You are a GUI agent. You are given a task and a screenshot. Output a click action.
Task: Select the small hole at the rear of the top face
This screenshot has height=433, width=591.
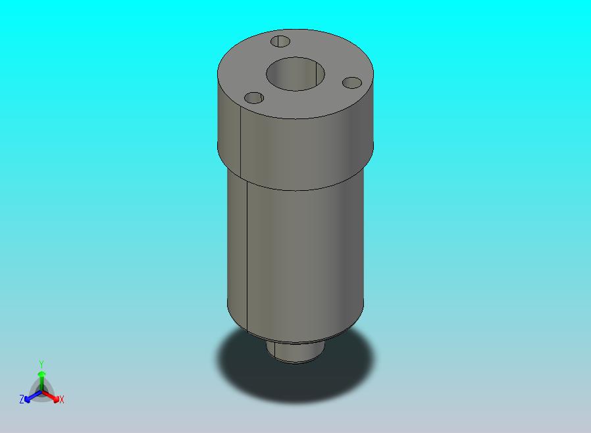click(281, 41)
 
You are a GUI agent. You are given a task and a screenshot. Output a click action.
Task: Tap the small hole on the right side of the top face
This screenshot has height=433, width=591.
click(353, 83)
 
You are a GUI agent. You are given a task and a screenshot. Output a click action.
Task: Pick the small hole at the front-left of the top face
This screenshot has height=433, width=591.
click(254, 98)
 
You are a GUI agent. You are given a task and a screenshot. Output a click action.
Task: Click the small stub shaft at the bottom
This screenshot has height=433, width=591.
click(295, 351)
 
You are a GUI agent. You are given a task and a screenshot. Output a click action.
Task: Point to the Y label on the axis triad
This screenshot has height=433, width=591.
click(41, 364)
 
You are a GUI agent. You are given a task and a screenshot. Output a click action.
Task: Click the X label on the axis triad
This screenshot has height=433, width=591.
click(62, 399)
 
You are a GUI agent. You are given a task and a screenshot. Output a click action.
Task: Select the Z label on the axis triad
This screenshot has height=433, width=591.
click(22, 399)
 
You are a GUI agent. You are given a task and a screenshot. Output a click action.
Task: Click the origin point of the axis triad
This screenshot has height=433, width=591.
click(41, 394)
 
